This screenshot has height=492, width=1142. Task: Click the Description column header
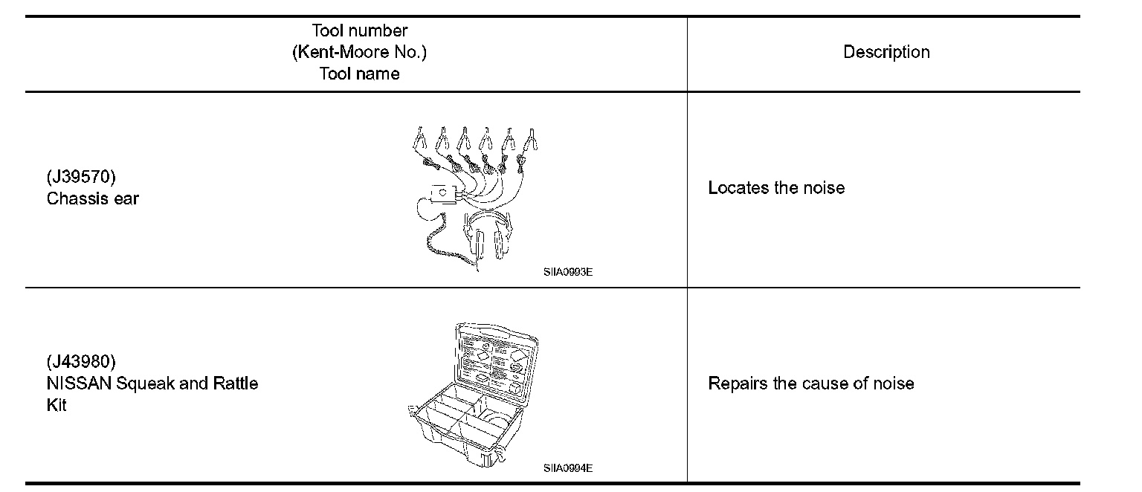click(885, 52)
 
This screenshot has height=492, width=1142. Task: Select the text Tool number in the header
click(360, 30)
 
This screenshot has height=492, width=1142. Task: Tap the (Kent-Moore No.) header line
click(360, 52)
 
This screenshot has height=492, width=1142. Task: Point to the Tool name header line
click(360, 74)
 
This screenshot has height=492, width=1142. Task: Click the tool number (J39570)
click(81, 178)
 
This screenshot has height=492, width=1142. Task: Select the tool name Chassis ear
click(92, 198)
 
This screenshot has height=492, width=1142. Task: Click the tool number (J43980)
click(81, 362)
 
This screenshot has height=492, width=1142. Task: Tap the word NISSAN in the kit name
click(74, 383)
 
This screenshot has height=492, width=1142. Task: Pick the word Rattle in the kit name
click(236, 383)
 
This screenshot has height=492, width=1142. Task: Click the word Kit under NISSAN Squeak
click(56, 406)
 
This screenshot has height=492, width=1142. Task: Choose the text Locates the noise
click(776, 187)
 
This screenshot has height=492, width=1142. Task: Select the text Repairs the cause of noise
click(810, 383)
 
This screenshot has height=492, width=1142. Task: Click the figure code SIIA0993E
click(567, 271)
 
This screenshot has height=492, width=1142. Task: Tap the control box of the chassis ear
click(443, 194)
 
